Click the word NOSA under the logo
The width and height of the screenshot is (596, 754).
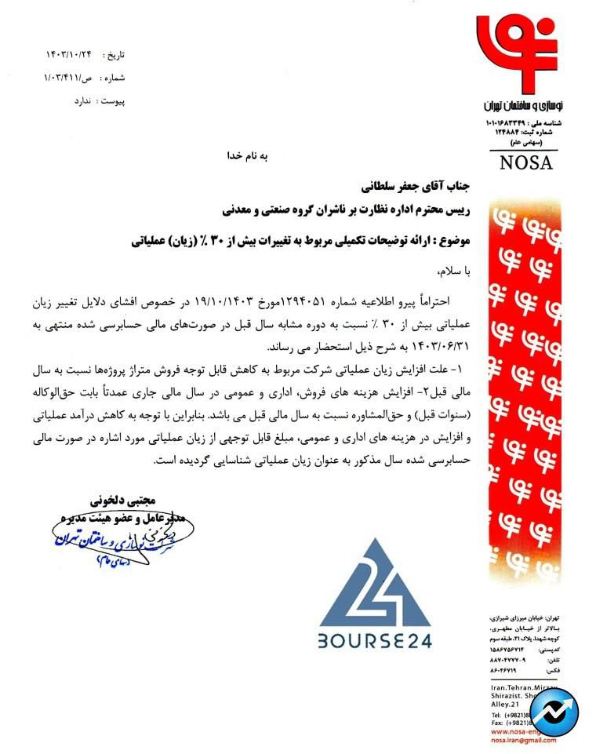pyautogui.click(x=525, y=163)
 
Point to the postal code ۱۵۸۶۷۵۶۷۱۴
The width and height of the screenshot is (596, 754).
pyautogui.click(x=511, y=650)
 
